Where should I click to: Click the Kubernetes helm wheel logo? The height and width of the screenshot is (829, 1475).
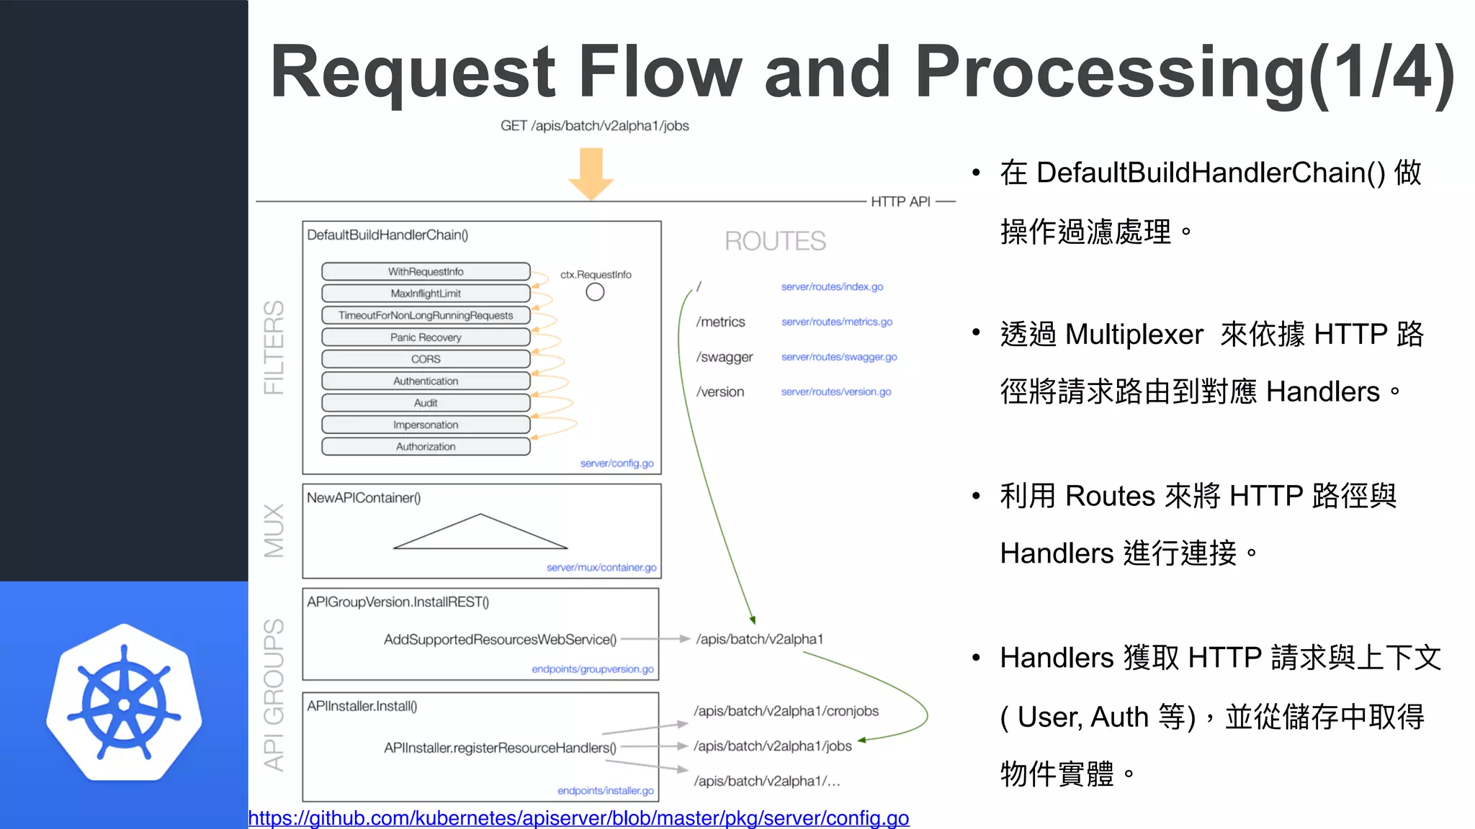124,703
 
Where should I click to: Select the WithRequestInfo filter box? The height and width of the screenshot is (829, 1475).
426,271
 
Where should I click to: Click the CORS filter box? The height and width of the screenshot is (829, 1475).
426,359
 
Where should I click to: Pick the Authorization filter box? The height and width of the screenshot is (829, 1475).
426,447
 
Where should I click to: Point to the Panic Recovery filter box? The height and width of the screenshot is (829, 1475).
426,337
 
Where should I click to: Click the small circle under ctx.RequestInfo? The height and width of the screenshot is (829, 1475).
595,292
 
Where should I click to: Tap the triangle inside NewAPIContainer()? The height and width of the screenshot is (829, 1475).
480,534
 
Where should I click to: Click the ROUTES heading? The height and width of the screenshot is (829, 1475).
775,241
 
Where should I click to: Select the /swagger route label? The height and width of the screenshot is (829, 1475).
724,357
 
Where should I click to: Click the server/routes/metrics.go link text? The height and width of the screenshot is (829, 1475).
836,322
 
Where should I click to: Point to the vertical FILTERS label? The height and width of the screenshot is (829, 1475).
274,347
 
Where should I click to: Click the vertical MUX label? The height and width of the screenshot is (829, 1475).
274,531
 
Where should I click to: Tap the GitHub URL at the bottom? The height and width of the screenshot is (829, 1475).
578,818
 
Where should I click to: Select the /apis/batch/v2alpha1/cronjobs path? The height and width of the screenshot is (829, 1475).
786,711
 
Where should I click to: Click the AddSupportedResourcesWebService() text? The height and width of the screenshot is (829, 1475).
500,639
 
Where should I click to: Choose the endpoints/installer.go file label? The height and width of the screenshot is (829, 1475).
605,791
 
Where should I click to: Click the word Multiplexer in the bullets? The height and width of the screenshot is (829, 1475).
1134,335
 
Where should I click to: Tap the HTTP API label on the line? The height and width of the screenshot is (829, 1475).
900,202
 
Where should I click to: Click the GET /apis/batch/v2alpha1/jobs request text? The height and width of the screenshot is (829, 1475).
594,126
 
